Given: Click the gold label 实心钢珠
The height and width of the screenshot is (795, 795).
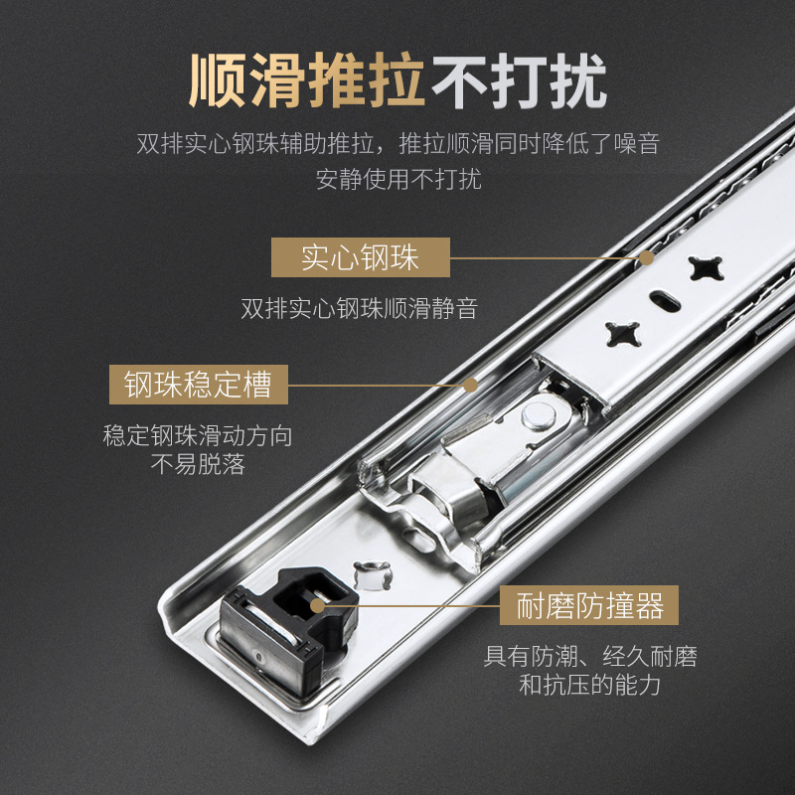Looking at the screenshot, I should [x=361, y=258].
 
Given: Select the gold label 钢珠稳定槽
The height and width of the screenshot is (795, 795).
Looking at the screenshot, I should [x=198, y=385].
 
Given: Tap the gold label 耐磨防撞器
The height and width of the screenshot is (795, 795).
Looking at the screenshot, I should [x=589, y=605].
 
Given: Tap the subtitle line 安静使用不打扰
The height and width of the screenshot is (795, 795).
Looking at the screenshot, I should [x=397, y=180].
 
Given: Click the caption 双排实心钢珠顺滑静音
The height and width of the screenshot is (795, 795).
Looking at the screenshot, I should [x=360, y=309].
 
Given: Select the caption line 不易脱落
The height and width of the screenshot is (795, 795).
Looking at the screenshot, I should [x=198, y=464].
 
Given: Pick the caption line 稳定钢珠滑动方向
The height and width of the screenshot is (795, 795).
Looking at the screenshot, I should [x=198, y=436].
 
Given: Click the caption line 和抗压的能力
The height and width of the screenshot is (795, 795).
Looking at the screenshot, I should [x=590, y=685].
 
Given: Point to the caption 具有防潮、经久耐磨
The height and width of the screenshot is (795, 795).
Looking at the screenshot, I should [x=590, y=657].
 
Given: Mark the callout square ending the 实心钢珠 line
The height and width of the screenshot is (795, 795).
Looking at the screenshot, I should [x=647, y=258].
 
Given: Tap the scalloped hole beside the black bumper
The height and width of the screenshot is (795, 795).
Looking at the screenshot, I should [x=370, y=571].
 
